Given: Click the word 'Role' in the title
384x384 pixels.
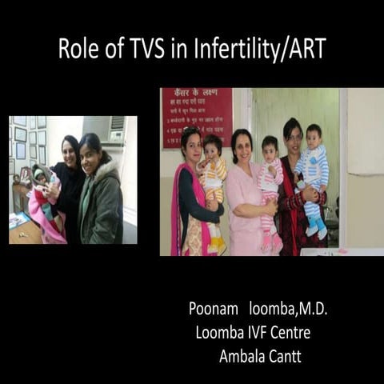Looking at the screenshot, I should point(77,49).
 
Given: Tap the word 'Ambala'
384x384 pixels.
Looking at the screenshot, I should point(241,356).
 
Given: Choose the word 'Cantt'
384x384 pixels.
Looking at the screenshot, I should point(285,356).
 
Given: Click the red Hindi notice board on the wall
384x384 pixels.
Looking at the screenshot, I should point(196,117).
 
